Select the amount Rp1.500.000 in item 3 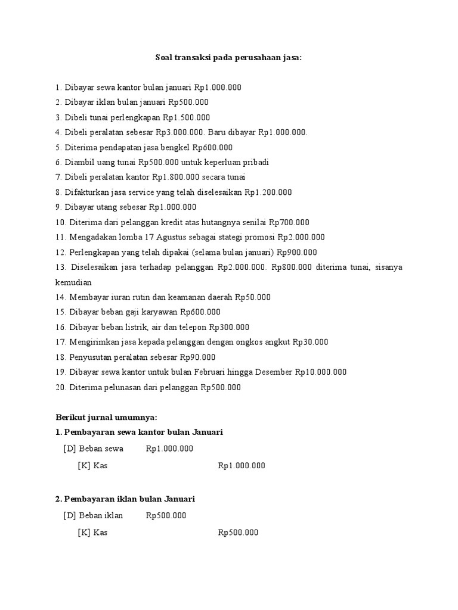click(x=187, y=117)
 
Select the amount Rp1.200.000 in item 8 click(x=268, y=192)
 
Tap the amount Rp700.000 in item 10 click(x=289, y=222)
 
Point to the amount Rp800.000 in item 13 click(x=292, y=267)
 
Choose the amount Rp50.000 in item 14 click(x=253, y=297)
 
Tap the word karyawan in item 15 click(x=160, y=312)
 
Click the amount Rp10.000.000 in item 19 click(x=320, y=372)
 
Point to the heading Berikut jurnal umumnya click(x=106, y=417)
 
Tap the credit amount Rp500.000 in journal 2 click(x=238, y=533)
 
